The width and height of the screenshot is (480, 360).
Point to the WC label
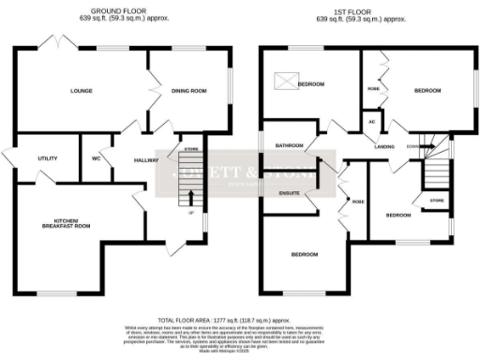tap(96, 159)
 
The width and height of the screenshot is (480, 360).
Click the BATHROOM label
tap(288, 147)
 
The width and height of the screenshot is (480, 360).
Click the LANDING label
tap(383, 147)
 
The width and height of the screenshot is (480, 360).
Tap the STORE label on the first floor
tap(435, 201)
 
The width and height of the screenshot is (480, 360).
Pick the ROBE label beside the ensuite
tap(357, 202)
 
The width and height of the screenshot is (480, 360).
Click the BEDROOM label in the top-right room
tap(427, 91)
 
